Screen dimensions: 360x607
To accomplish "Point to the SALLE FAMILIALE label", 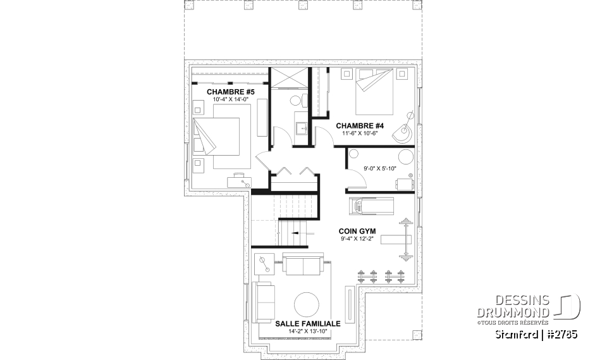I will tap(308, 323).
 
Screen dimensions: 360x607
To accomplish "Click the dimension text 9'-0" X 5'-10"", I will tap(371, 168).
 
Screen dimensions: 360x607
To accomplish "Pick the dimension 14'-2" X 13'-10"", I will tap(308, 331).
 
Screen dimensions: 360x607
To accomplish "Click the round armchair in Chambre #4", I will tap(402, 132).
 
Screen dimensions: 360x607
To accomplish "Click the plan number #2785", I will tap(560, 333).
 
